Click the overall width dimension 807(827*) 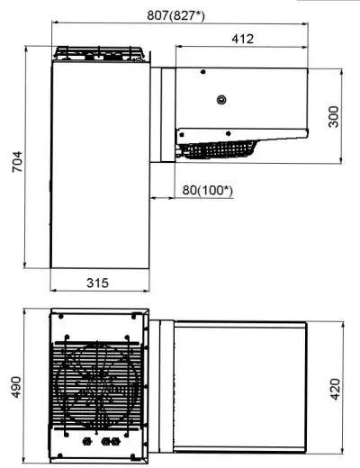click(x=175, y=15)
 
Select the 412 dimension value click(x=243, y=39)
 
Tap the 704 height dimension click(x=17, y=162)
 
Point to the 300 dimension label click(x=333, y=117)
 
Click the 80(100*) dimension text click(x=208, y=190)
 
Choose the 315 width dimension click(x=97, y=283)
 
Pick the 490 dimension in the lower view click(x=16, y=387)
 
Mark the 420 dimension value click(x=335, y=390)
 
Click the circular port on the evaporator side click(x=221, y=99)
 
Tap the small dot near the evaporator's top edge click(x=203, y=72)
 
